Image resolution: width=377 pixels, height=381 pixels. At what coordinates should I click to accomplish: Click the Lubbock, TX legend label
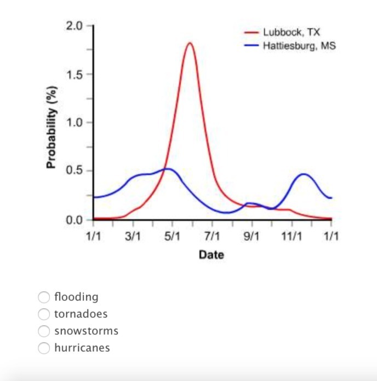tap(291, 33)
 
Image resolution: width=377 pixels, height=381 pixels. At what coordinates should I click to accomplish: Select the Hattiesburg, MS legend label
tap(299, 45)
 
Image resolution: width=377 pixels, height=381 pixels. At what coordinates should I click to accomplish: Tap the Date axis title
tap(211, 255)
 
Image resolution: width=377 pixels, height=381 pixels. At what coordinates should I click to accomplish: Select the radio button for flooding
tap(44, 297)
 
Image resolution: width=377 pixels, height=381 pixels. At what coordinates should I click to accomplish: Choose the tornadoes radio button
tap(44, 314)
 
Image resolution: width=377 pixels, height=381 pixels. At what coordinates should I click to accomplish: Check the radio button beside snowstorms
tap(44, 331)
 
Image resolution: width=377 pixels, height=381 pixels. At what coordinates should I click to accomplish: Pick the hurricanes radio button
tap(44, 348)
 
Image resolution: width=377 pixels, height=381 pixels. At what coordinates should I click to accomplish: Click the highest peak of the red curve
tap(190, 43)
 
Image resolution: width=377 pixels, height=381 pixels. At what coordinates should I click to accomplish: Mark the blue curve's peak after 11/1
tap(304, 174)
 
